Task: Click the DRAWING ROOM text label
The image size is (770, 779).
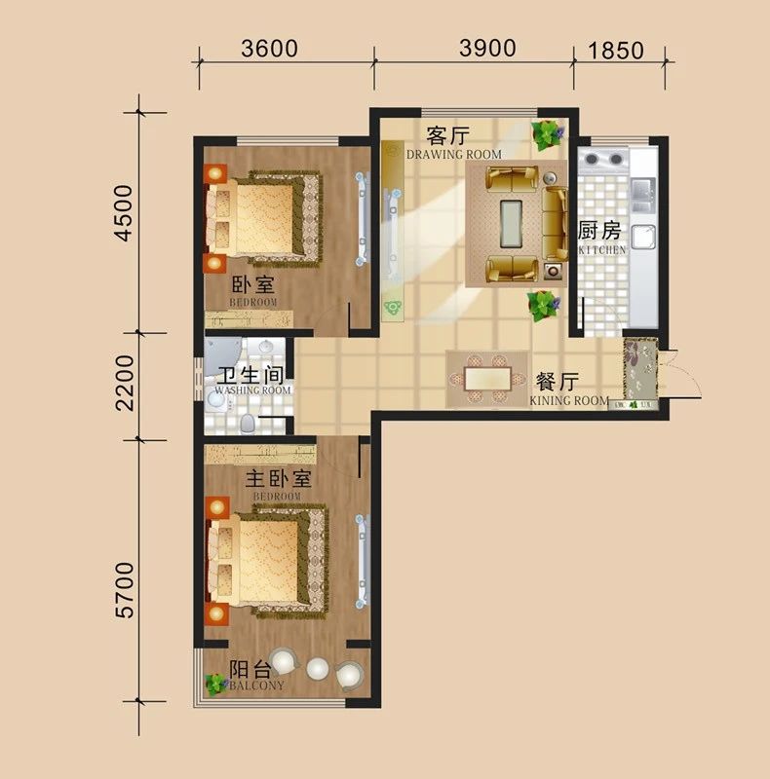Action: pyautogui.click(x=454, y=155)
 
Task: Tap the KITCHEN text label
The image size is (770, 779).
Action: pyautogui.click(x=602, y=250)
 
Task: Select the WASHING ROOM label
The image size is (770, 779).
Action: pyautogui.click(x=252, y=390)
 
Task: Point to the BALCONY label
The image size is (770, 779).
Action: pyautogui.click(x=256, y=686)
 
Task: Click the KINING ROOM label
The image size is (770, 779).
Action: pyautogui.click(x=569, y=400)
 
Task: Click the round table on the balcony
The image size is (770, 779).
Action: pyautogui.click(x=319, y=668)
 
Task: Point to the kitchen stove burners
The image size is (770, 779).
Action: pyautogui.click(x=603, y=160)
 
